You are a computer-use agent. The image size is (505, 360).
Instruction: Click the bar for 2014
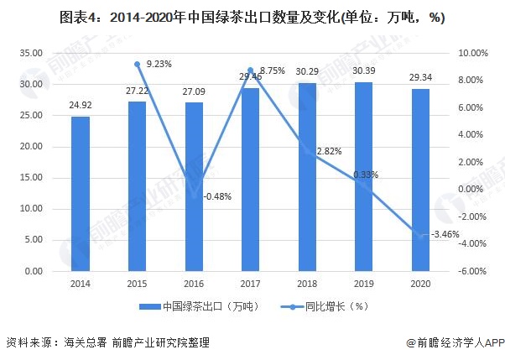(x=80, y=194)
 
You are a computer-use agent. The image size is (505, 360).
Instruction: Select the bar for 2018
(x=307, y=177)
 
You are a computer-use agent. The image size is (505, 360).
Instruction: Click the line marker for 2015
(x=137, y=64)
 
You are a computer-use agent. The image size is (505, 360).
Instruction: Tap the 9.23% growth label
(x=159, y=64)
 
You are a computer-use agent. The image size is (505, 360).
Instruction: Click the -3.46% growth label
(x=445, y=235)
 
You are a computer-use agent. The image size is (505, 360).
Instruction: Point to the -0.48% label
(x=217, y=196)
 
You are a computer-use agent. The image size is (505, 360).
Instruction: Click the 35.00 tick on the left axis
(x=31, y=53)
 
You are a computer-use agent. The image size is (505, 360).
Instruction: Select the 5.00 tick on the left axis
(x=34, y=240)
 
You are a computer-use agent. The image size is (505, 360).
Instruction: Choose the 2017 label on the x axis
(x=250, y=285)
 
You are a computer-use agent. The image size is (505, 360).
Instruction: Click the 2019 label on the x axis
(x=364, y=285)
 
